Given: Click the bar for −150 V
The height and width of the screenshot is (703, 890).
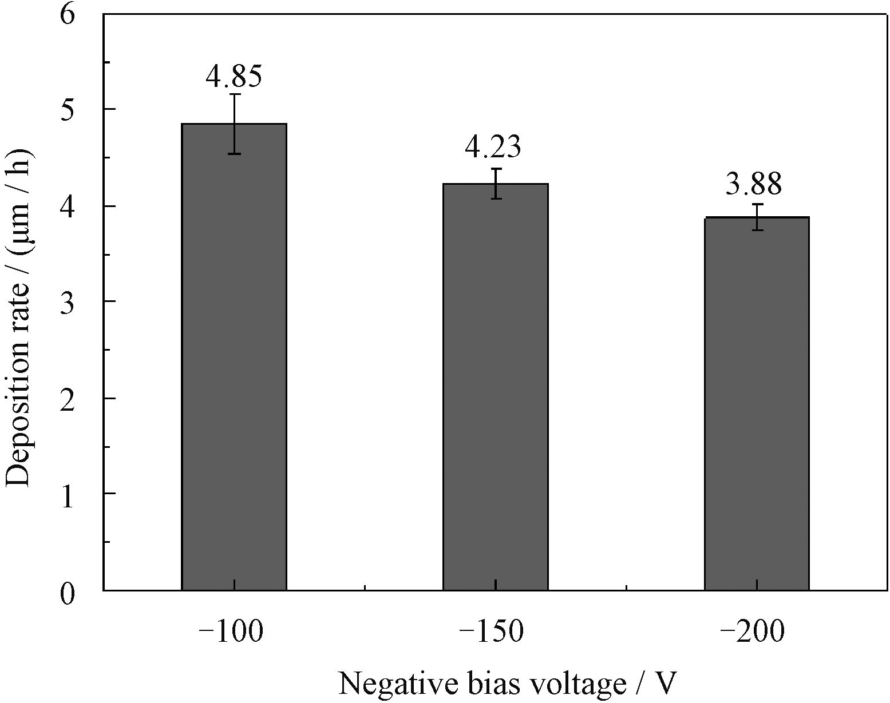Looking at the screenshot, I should (x=495, y=387).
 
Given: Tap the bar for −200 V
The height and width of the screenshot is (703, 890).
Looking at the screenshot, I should (x=757, y=403).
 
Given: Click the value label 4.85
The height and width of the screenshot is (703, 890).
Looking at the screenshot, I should (x=234, y=76).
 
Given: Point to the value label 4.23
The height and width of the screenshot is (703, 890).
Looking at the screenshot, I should (x=493, y=147).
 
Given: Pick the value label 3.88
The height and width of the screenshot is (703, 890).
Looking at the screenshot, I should (x=754, y=184).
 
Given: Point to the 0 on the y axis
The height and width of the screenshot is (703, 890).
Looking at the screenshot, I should (x=67, y=593).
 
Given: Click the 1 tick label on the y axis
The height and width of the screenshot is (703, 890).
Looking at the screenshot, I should (x=68, y=497).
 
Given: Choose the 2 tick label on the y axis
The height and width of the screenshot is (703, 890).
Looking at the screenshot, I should (x=67, y=401).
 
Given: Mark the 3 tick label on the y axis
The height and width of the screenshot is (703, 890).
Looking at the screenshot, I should (x=67, y=305).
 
